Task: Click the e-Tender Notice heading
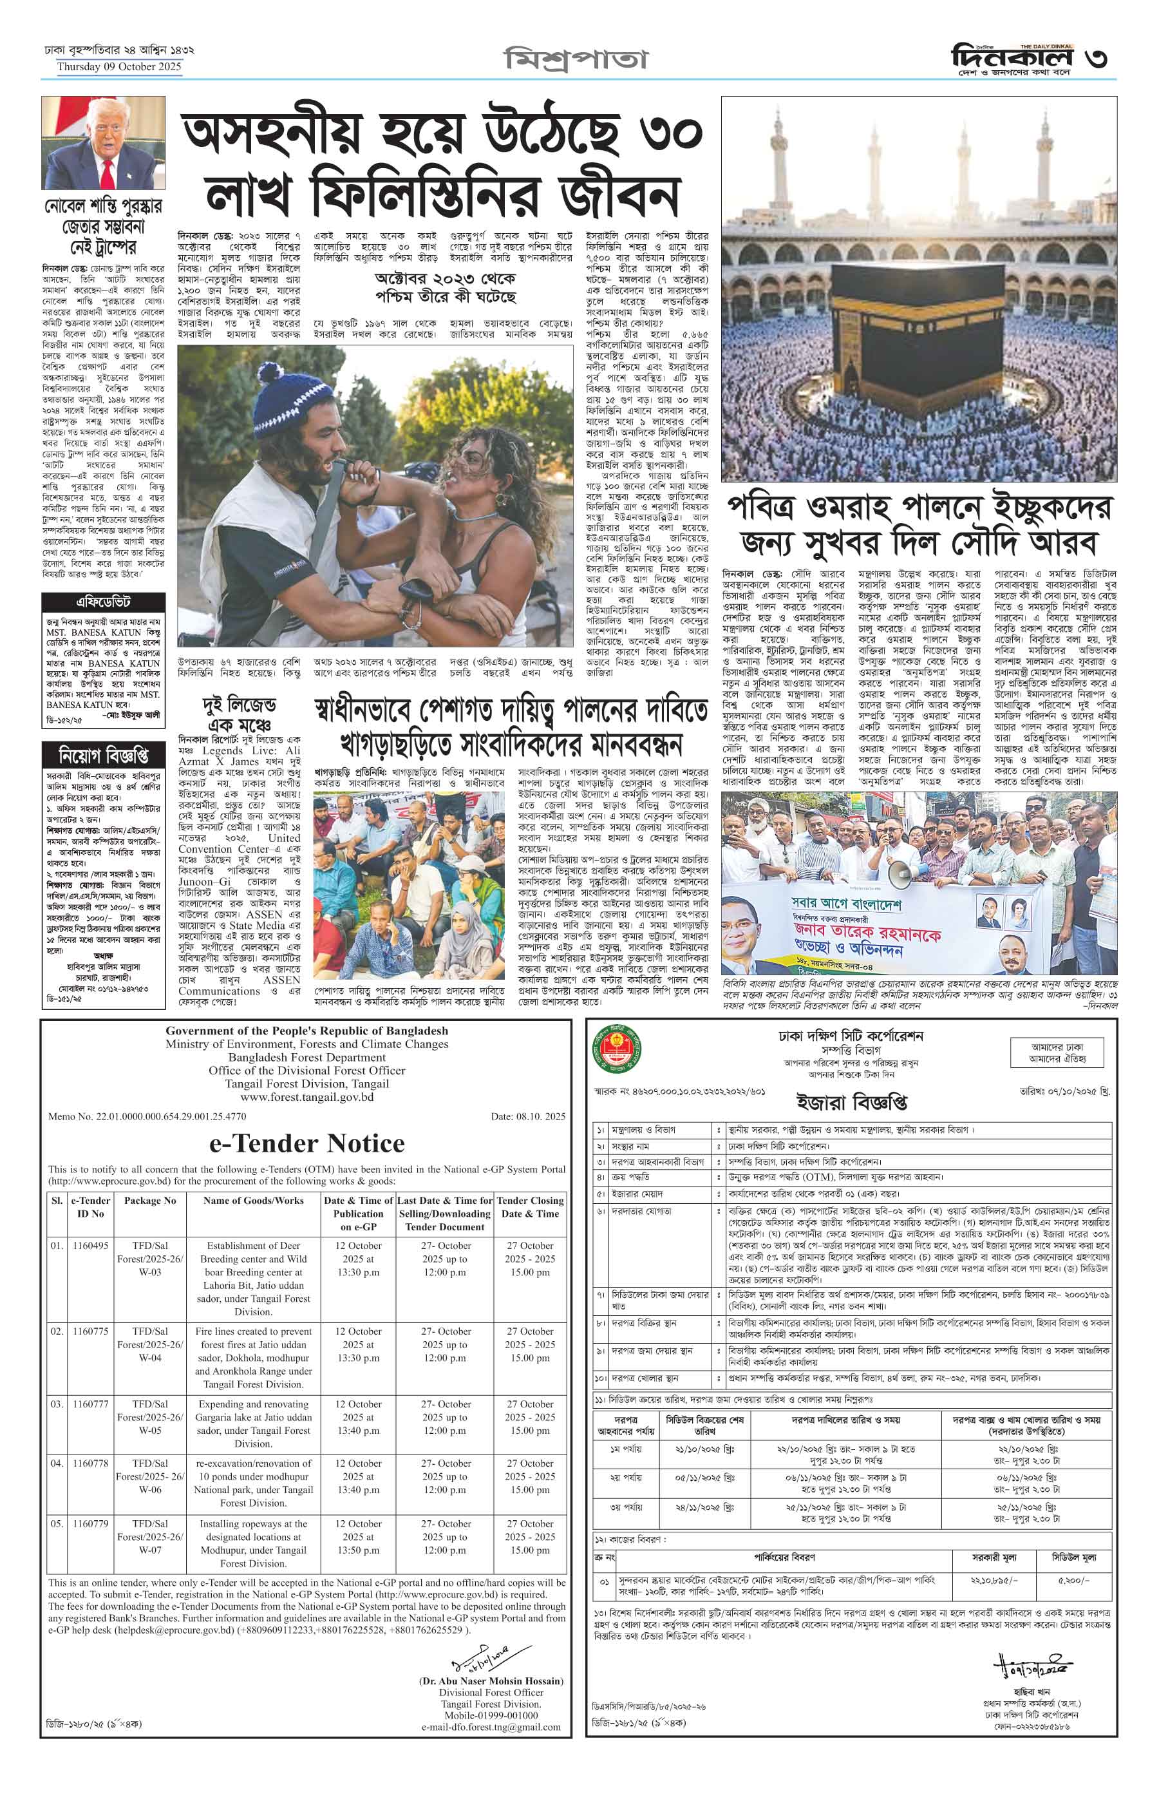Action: coord(306,1144)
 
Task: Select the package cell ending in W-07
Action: coord(150,1530)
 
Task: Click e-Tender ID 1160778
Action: coord(90,1463)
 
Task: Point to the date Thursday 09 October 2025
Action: coord(119,66)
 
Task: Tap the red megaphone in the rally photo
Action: coord(901,874)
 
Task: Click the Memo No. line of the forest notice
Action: coord(147,1116)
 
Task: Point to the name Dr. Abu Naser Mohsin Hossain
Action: coord(491,1681)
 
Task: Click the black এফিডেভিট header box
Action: coord(103,602)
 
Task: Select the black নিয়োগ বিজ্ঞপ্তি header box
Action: coord(103,754)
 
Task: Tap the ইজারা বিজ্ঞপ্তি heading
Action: coord(852,1102)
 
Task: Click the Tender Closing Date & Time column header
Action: coord(530,1208)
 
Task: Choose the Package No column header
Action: coord(150,1201)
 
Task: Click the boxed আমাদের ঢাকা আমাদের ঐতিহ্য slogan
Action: coord(1057,1053)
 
